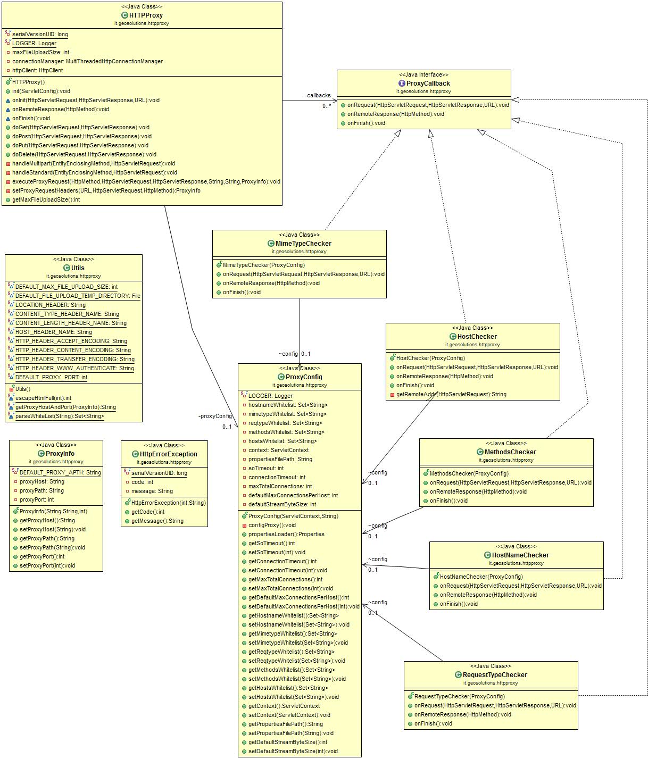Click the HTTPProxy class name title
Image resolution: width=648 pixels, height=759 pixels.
pyautogui.click(x=146, y=15)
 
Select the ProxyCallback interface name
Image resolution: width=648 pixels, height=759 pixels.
pyautogui.click(x=428, y=84)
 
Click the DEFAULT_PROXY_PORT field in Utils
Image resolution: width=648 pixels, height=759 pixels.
pyautogui.click(x=51, y=378)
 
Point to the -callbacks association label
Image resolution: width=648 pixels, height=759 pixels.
pyautogui.click(x=318, y=96)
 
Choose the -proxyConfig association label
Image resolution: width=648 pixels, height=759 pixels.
pyautogui.click(x=215, y=416)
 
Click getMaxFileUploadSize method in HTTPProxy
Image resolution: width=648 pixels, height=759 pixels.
pyautogui.click(x=46, y=200)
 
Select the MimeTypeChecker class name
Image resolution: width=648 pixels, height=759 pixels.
pyautogui.click(x=303, y=244)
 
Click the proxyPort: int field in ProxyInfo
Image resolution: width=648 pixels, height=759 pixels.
pyautogui.click(x=37, y=500)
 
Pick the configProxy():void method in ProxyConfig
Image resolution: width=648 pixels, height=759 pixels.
pyautogui.click(x=272, y=526)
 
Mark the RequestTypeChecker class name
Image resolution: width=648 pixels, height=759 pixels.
pyautogui.click(x=495, y=675)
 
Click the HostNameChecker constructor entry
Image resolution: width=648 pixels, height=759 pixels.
pyautogui.click(x=481, y=577)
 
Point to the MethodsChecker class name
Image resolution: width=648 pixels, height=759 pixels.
pyautogui.click(x=510, y=452)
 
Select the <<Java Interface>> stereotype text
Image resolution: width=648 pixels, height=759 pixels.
pyautogui.click(x=423, y=75)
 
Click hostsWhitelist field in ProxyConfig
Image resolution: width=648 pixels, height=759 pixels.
pyautogui.click(x=282, y=441)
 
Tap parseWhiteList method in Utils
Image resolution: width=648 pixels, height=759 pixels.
pyautogui.click(x=60, y=416)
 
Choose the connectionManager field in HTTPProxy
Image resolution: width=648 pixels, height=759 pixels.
pyautogui.click(x=87, y=62)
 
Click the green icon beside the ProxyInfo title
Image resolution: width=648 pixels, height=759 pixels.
pyautogui.click(x=41, y=454)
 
